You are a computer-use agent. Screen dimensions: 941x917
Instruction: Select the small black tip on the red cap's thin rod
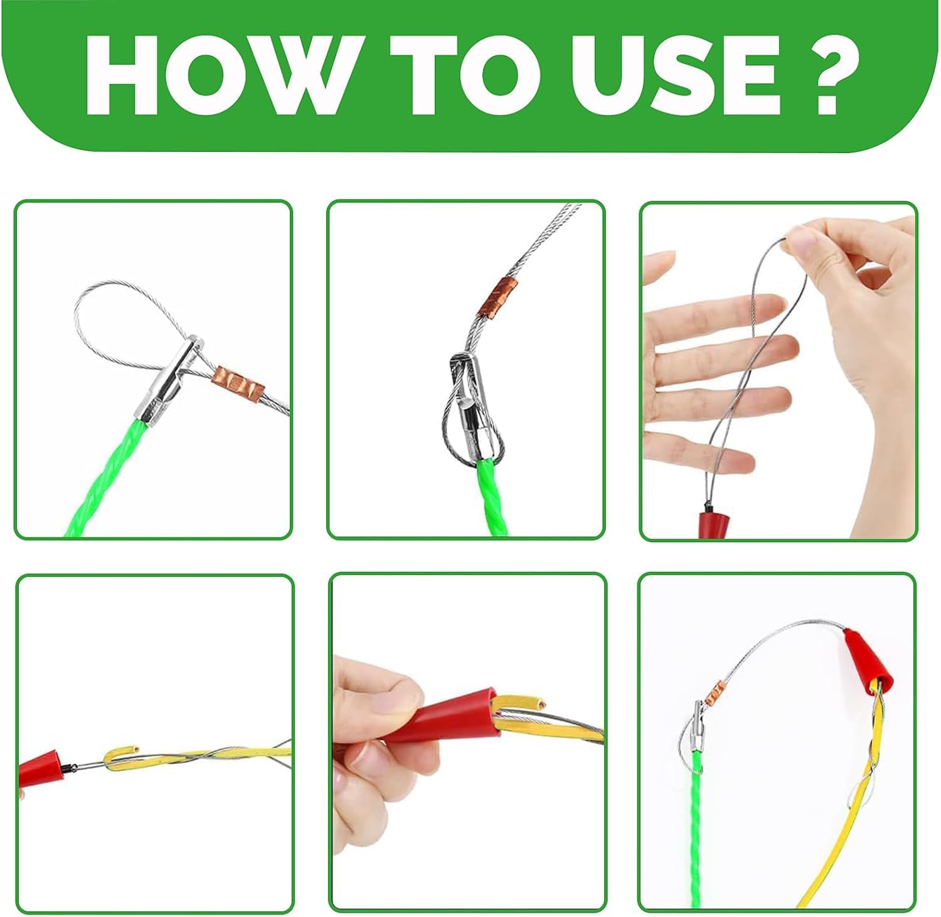coord(72,766)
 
